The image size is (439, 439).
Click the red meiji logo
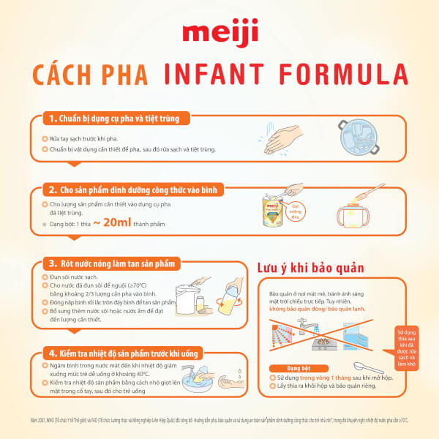point(219,35)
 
